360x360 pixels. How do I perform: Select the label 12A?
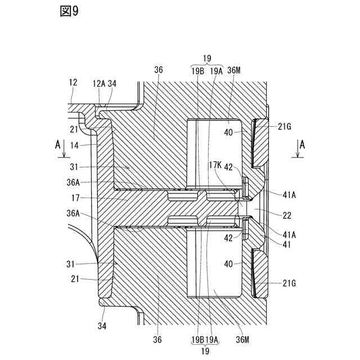(x=98, y=83)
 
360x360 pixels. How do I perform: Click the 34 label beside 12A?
(x=112, y=83)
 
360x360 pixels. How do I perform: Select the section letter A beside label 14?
(x=57, y=143)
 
